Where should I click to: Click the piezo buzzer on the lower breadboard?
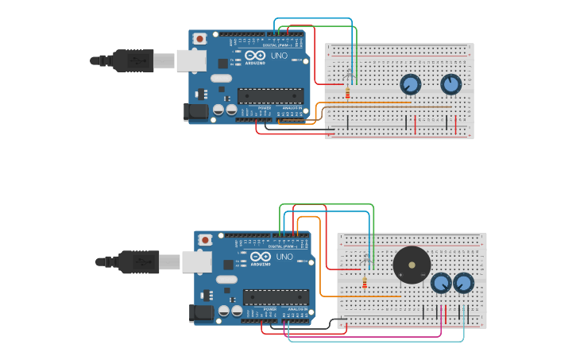tap(412, 265)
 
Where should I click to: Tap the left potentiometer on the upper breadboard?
tap(410, 84)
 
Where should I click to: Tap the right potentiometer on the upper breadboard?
tap(450, 84)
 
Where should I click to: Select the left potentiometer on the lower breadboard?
tap(441, 283)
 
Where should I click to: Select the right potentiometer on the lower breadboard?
tap(463, 283)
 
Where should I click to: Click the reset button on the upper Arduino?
tap(199, 38)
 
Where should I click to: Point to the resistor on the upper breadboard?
tap(347, 93)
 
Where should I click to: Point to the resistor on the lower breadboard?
tap(365, 284)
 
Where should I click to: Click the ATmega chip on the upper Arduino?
tap(270, 96)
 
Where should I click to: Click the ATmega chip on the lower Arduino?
tap(276, 297)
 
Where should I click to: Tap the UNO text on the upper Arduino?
tap(280, 56)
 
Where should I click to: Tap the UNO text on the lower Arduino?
tap(284, 257)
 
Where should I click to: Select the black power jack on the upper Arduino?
tap(195, 112)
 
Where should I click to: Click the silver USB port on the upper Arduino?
tap(191, 60)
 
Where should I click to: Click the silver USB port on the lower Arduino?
tap(197, 261)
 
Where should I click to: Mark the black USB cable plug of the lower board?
tap(138, 261)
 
